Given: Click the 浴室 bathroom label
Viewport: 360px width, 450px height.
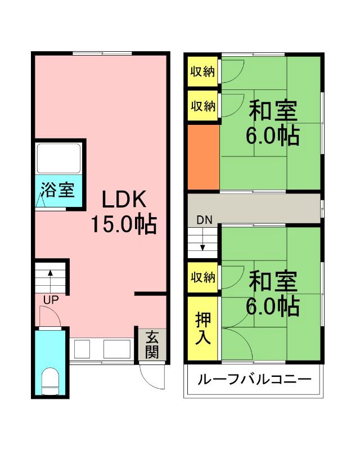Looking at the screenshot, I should (57, 190).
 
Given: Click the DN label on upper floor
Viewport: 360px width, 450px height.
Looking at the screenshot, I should (204, 220).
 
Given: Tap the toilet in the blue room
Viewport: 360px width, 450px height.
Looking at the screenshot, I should (51, 383).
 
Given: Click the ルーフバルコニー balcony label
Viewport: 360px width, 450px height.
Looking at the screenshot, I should (254, 379).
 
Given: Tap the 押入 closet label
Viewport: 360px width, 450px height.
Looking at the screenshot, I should (202, 328).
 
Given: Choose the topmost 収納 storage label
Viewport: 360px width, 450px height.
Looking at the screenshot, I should (202, 71).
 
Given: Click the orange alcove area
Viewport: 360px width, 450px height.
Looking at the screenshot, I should (202, 157).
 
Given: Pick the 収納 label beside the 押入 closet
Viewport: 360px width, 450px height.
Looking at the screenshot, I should (202, 277).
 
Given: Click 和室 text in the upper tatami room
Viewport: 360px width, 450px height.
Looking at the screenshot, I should (273, 110).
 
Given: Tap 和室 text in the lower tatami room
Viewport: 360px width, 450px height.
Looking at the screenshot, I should (273, 281).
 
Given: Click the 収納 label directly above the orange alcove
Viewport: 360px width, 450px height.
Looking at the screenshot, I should (202, 106).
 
